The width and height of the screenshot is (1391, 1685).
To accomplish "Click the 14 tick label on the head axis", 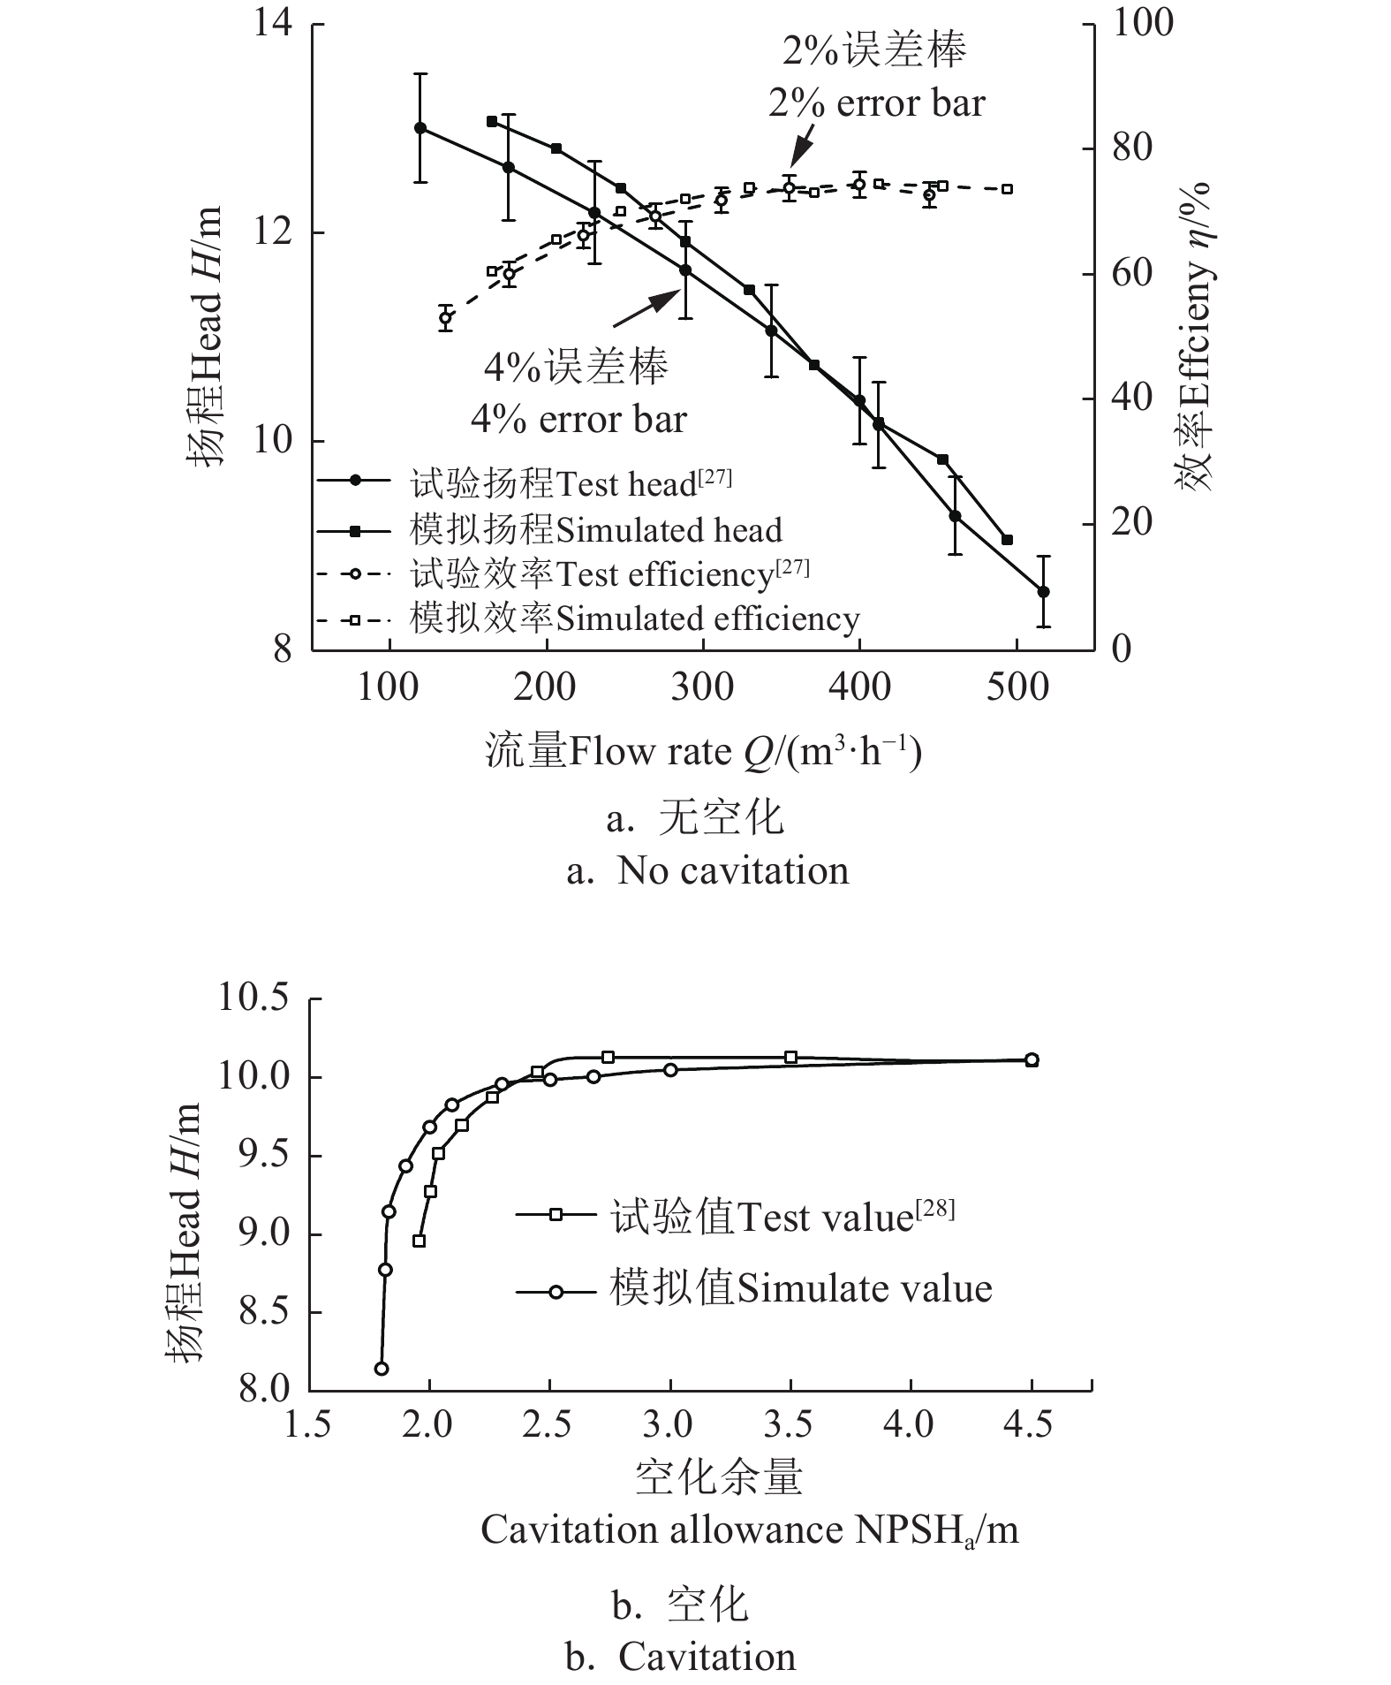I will point(273,23).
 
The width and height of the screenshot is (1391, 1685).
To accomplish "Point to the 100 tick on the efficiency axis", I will point(1142,23).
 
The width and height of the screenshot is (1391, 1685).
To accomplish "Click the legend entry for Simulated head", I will point(595,530).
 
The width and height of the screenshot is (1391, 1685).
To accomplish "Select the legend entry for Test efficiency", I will point(609,574).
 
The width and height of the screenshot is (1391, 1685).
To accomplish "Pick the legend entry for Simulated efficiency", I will point(634,619).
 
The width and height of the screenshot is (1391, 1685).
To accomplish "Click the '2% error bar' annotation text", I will point(876,103).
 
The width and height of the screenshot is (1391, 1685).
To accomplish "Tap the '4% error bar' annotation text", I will point(578,419).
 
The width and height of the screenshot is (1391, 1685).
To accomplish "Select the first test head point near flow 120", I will point(420,128).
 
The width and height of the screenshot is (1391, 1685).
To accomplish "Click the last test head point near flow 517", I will point(1043,591).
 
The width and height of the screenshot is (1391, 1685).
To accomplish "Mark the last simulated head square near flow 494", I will point(1007,540).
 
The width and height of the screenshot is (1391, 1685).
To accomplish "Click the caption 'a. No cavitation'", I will point(707,871).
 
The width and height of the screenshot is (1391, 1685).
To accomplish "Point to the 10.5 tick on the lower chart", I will point(253,998).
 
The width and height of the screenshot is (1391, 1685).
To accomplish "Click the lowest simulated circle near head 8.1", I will point(382,1369).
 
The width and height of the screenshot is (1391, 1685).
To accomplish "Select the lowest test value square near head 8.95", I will point(419,1241).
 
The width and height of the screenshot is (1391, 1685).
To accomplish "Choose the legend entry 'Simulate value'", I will point(799,1288).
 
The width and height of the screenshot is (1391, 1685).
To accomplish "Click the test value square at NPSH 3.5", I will point(790,1057).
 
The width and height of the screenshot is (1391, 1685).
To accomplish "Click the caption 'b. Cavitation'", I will point(681,1657).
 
